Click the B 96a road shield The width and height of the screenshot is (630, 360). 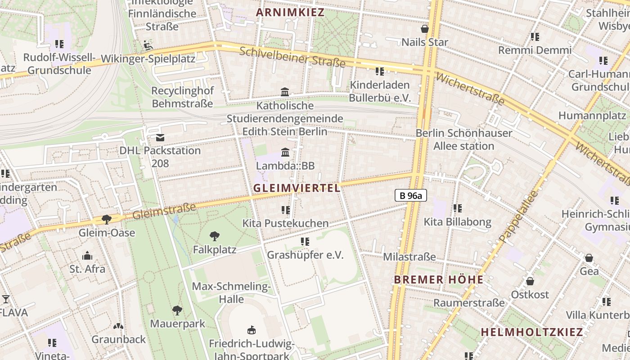tap(410, 195)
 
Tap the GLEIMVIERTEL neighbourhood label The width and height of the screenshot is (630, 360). tap(297, 188)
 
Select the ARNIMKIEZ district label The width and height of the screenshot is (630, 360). tap(290, 13)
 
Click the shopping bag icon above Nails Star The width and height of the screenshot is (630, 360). tap(424, 29)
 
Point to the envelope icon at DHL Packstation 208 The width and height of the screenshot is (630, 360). tap(160, 138)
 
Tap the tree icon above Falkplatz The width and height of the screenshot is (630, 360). tap(215, 236)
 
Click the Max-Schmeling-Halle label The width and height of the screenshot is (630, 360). tap(231, 292)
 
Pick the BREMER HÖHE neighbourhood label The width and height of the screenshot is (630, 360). tap(438, 279)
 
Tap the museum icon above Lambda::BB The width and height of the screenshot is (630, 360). tap(285, 153)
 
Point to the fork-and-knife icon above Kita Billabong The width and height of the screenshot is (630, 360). tap(458, 208)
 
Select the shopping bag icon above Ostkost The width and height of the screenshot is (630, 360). tap(530, 281)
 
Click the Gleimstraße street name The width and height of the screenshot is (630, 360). tap(164, 211)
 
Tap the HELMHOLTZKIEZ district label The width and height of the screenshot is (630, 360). tap(531, 333)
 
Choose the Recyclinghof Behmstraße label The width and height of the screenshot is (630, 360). tap(182, 97)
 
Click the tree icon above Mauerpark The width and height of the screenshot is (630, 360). tap(177, 310)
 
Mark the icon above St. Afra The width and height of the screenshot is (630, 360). tap(87, 256)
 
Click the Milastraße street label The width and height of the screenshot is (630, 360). tap(409, 257)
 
